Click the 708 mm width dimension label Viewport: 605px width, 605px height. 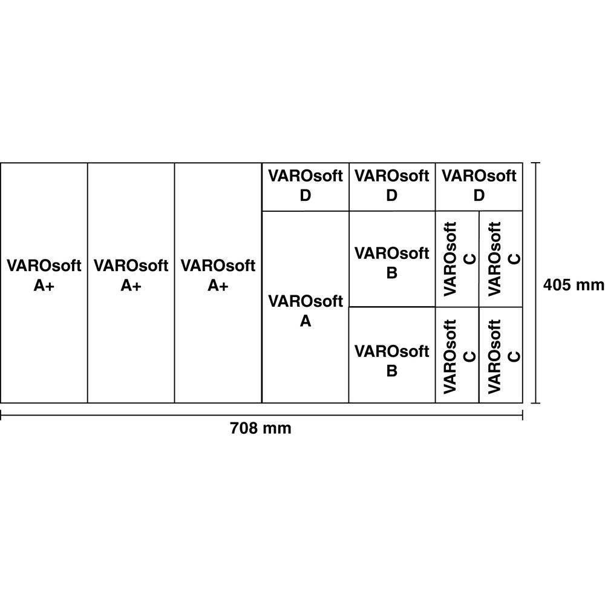tap(260, 428)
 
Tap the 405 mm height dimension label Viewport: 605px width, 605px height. tap(574, 285)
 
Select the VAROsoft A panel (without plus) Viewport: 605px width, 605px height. tap(305, 307)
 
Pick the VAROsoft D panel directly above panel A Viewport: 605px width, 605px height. tap(305, 187)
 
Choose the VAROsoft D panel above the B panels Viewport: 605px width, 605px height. tap(392, 187)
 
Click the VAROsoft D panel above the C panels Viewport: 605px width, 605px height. tap(479, 187)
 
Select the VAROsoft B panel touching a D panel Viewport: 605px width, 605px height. tap(392, 259)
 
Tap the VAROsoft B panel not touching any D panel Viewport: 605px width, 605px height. tap(392, 355)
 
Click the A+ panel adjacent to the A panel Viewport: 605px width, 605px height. tap(218, 283)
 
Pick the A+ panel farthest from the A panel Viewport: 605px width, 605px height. tap(44, 283)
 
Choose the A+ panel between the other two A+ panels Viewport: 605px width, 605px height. tap(131, 283)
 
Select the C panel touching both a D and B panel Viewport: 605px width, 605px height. tap(457, 259)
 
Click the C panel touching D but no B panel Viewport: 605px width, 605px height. tap(501, 259)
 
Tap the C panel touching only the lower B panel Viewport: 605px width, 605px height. tap(457, 355)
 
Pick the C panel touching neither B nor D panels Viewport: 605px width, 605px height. tap(501, 355)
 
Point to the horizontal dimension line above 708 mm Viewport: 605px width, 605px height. tap(261, 415)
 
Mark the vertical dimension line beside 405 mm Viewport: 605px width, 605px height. tap(535, 283)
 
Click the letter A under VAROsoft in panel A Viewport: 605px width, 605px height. tap(305, 321)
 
